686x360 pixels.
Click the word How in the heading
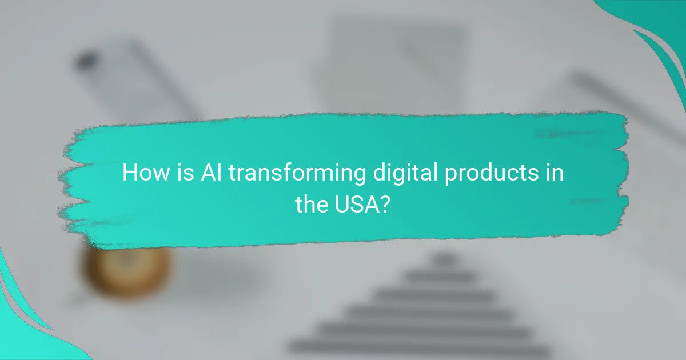tap(145, 173)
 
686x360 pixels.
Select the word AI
tap(210, 173)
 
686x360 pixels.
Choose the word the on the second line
tap(312, 203)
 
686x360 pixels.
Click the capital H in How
tap(131, 173)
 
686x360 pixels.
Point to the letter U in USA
tap(341, 203)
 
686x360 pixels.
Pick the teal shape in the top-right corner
tap(657, 29)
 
